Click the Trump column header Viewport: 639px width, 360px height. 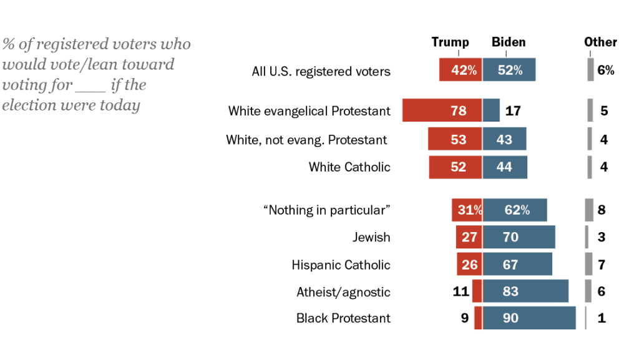(450, 42)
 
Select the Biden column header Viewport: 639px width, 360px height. (509, 42)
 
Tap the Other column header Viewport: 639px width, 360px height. (600, 42)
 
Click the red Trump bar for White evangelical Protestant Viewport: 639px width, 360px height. (442, 110)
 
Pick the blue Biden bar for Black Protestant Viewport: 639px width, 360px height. (529, 318)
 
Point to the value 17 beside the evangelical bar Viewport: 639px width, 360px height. (513, 111)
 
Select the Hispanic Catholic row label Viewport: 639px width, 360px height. (341, 265)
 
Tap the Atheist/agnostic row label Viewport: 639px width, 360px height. (343, 291)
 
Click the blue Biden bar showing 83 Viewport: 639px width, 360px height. (525, 291)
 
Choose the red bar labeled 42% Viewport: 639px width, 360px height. (461, 71)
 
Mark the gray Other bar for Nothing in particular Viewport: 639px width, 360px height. (589, 210)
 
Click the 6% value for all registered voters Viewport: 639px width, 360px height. (605, 71)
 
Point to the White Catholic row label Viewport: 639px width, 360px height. (349, 167)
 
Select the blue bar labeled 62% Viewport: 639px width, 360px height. (515, 210)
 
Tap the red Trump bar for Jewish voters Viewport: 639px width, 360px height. (469, 237)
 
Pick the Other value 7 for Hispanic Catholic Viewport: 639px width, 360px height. (602, 265)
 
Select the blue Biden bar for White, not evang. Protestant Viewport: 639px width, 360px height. (504, 139)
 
